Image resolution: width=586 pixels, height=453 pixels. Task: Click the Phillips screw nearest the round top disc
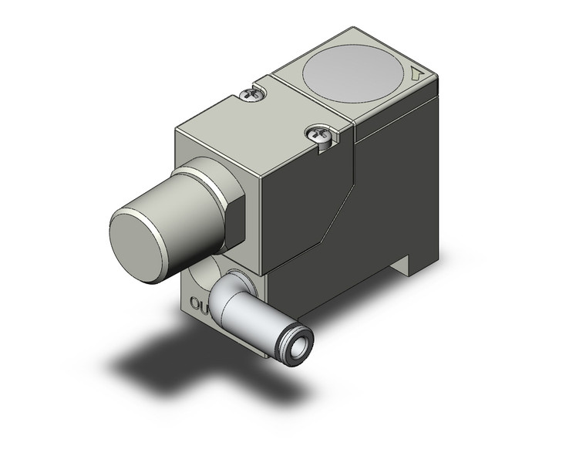pyautogui.click(x=252, y=94)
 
